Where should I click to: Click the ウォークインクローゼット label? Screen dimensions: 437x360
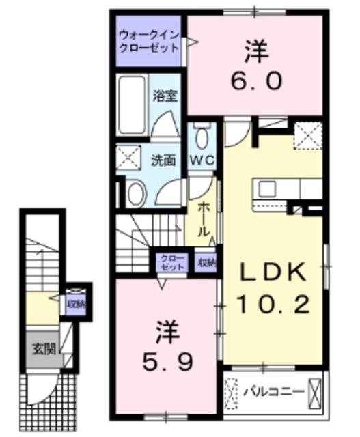tap(148, 42)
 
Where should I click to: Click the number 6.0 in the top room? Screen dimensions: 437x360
tap(255, 81)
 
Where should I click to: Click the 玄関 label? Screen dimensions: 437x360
tap(40, 348)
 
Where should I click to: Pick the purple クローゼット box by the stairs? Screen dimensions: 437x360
tap(167, 262)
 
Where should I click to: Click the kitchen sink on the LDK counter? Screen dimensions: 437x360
tap(266, 188)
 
